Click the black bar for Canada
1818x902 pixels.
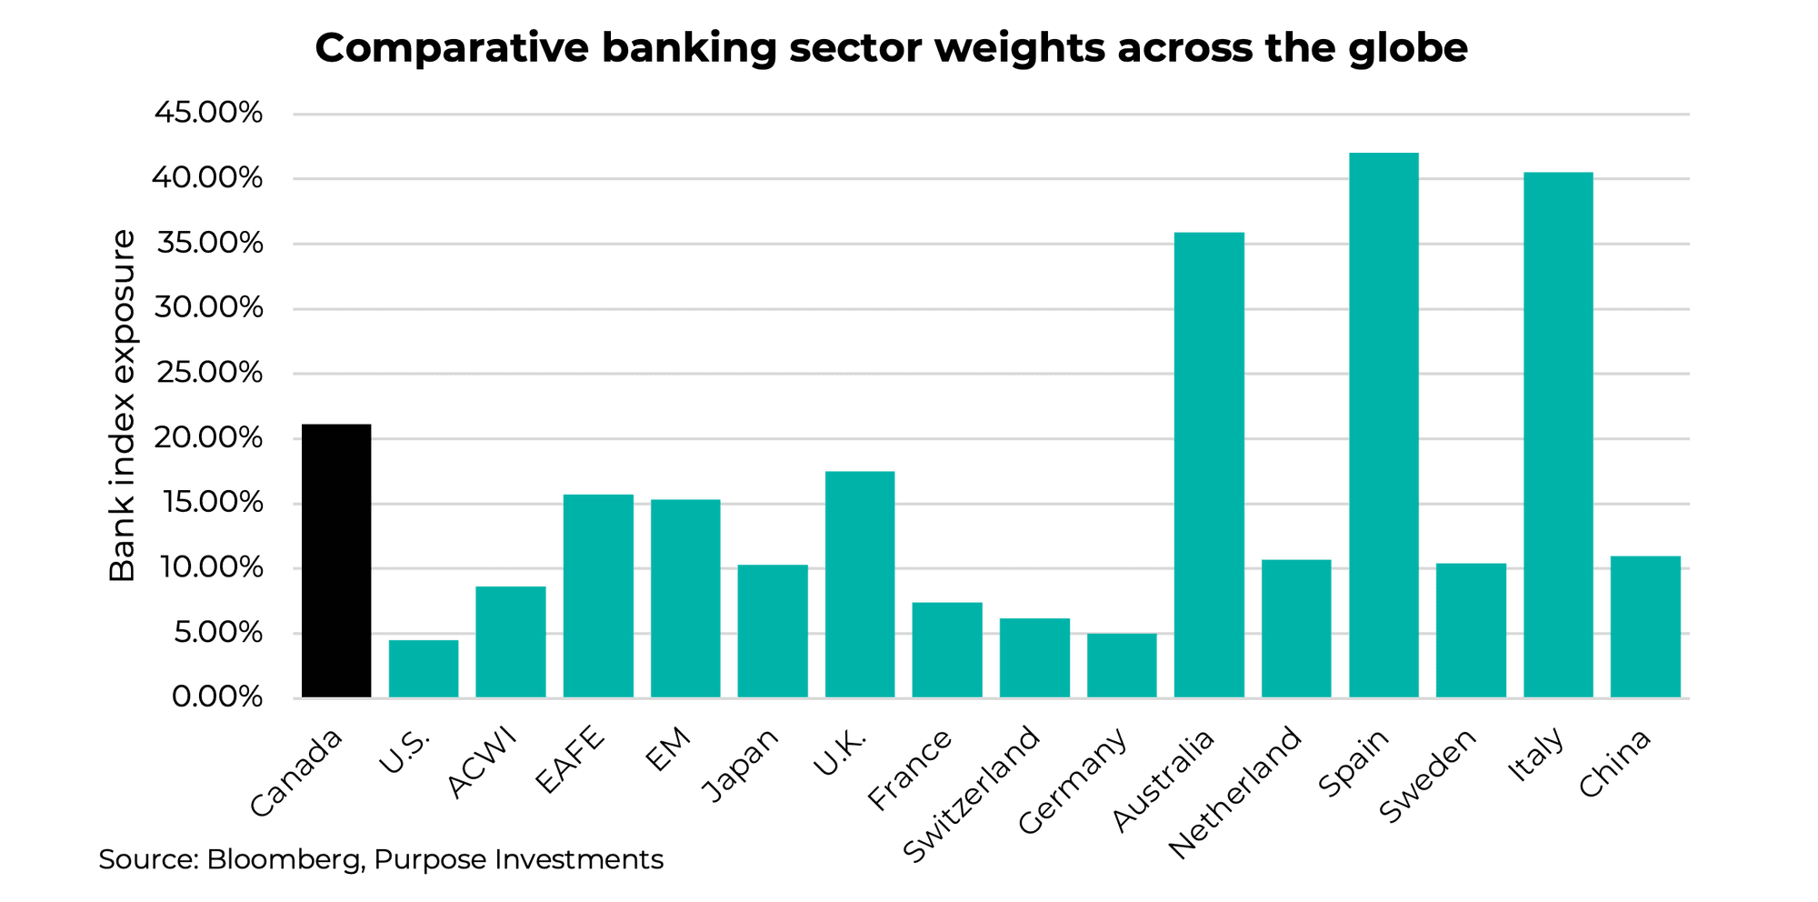(x=336, y=561)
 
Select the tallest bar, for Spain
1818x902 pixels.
(x=1383, y=426)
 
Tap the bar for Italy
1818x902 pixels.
(x=1558, y=435)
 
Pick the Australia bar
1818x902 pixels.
(x=1209, y=465)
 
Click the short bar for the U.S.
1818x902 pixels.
(x=424, y=669)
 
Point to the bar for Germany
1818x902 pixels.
(x=1122, y=666)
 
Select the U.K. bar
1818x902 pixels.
(x=860, y=584)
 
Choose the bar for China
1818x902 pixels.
(x=1645, y=626)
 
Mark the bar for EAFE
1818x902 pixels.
(x=598, y=596)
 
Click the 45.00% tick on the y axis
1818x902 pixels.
(x=209, y=114)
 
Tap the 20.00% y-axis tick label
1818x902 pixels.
(x=209, y=438)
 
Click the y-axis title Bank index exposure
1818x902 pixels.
(x=123, y=406)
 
